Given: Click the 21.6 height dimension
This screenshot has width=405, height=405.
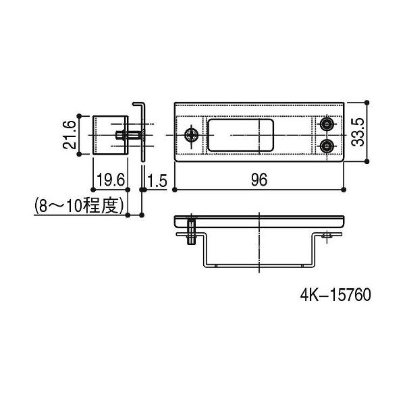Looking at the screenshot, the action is [70, 135].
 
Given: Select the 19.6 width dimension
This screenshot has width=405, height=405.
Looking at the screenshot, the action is [111, 180].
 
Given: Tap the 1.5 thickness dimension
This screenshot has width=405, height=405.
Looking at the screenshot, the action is [157, 180].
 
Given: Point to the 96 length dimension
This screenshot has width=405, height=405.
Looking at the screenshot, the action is [259, 180].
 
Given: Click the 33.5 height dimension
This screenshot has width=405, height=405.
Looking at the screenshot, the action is [358, 132].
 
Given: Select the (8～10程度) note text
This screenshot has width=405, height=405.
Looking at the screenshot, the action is [79, 206].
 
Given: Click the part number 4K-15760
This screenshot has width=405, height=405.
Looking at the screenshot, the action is [335, 295].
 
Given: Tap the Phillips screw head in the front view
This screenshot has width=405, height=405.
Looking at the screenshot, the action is [192, 135].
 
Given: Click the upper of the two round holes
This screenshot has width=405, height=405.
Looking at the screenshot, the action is [327, 124].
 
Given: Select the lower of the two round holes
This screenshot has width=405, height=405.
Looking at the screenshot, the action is [327, 146].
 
